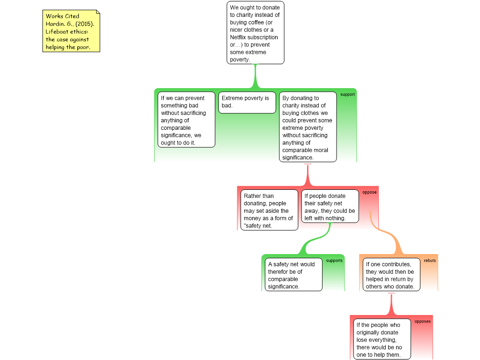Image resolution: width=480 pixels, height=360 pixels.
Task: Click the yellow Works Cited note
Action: (x=71, y=31)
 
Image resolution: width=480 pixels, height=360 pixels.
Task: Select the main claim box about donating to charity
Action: (x=255, y=33)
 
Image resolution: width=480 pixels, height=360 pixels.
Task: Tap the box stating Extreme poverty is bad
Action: (x=247, y=103)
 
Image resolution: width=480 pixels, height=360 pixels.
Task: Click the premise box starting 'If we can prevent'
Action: (x=187, y=120)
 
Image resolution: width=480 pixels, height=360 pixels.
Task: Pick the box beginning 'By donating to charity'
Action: (x=307, y=127)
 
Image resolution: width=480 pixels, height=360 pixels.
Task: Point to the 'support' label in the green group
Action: (x=347, y=94)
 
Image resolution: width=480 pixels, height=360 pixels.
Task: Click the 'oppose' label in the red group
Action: (x=369, y=192)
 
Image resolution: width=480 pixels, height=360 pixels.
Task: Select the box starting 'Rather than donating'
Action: (x=269, y=210)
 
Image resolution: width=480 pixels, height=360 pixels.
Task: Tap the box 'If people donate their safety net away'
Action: (x=330, y=206)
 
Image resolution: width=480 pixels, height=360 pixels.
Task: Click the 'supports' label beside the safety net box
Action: (x=334, y=261)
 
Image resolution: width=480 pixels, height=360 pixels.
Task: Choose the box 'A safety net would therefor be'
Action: (x=293, y=275)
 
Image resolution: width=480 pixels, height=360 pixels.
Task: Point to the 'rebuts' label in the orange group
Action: (x=430, y=261)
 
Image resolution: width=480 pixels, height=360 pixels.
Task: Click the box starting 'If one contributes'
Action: (x=391, y=275)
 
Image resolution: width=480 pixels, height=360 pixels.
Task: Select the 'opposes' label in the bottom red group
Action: (x=422, y=322)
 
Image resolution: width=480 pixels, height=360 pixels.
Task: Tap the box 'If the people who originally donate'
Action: (x=382, y=339)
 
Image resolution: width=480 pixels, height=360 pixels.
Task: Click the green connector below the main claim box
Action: (x=255, y=76)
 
